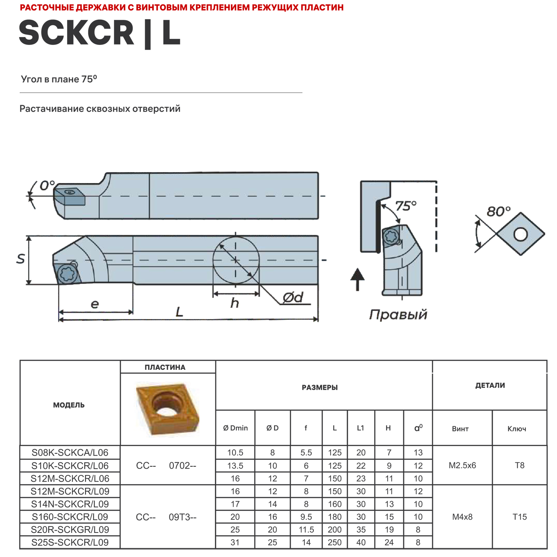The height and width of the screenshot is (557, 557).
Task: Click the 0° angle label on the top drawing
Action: pos(47,185)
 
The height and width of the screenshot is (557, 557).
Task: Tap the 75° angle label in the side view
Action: pos(405,206)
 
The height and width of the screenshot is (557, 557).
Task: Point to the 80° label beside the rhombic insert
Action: pos(498,212)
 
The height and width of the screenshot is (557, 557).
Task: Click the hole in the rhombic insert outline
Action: pos(520,234)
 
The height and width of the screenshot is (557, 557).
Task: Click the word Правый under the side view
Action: pos(398,315)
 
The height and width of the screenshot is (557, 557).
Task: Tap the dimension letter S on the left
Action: pos(21,259)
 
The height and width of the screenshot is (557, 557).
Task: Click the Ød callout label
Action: pos(293,297)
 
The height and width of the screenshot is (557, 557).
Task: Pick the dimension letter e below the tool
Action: pos(95,304)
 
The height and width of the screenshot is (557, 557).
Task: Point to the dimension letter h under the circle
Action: pos(234,303)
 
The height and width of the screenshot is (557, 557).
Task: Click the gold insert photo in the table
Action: pos(167,408)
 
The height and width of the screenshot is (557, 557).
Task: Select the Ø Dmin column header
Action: pos(235,428)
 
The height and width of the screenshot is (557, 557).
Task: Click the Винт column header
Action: pos(460,429)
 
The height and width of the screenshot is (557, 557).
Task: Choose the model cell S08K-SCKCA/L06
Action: pos(70,453)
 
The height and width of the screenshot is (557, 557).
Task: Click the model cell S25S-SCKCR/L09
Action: pos(70,543)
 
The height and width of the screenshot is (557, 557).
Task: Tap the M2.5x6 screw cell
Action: pos(462,465)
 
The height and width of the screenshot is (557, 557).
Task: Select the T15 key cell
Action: pos(519,517)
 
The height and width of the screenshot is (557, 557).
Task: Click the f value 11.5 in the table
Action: pos(306,530)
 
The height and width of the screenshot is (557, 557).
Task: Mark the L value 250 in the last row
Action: pos(335,543)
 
